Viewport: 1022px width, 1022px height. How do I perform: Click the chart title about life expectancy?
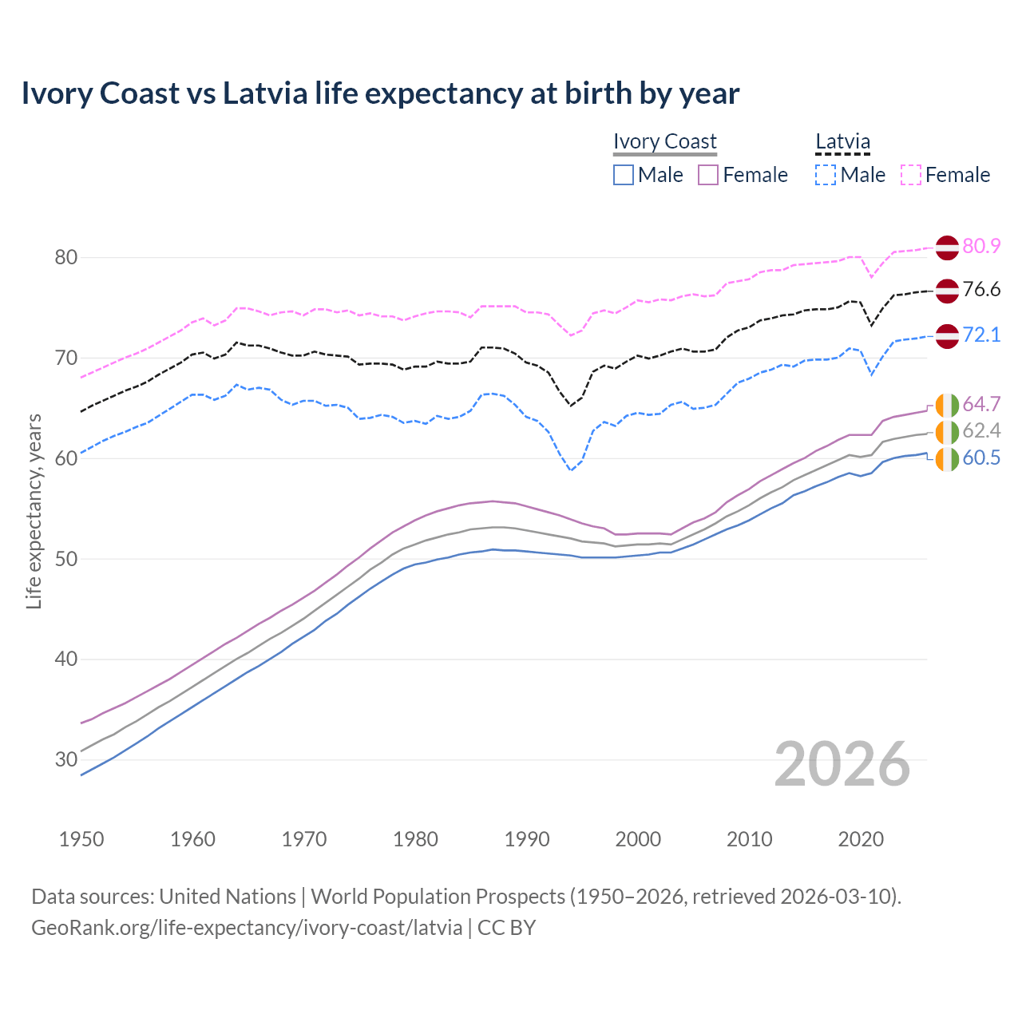pos(380,93)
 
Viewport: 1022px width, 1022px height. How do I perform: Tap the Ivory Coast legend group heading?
pos(664,141)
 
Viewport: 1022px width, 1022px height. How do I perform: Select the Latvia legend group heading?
pos(842,141)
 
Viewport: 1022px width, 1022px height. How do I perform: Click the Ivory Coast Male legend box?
pos(624,175)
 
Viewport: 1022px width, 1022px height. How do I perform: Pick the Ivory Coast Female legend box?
pos(708,175)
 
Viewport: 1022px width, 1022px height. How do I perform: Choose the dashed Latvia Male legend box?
pos(826,175)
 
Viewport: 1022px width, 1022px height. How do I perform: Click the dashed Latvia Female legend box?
pos(911,175)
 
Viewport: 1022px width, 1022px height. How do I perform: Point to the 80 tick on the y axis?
pos(66,257)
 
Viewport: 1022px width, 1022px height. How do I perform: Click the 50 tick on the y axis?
pos(66,559)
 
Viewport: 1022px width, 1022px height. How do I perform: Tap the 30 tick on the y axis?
pos(66,759)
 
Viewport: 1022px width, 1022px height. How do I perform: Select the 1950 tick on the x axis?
pos(81,839)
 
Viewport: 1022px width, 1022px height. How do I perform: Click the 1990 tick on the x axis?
pos(527,839)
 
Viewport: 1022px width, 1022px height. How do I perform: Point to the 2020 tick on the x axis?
pos(861,839)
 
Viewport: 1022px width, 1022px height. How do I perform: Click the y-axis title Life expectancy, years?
pos(34,511)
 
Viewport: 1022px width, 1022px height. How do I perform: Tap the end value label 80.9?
pos(981,246)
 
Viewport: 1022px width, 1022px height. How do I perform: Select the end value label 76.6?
pos(981,289)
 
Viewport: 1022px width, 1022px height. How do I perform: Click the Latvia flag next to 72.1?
pos(947,335)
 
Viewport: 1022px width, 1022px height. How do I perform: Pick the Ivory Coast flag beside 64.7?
pos(947,405)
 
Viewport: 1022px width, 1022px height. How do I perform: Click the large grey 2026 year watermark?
pos(842,764)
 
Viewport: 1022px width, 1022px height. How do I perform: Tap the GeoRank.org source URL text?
pos(247,928)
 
